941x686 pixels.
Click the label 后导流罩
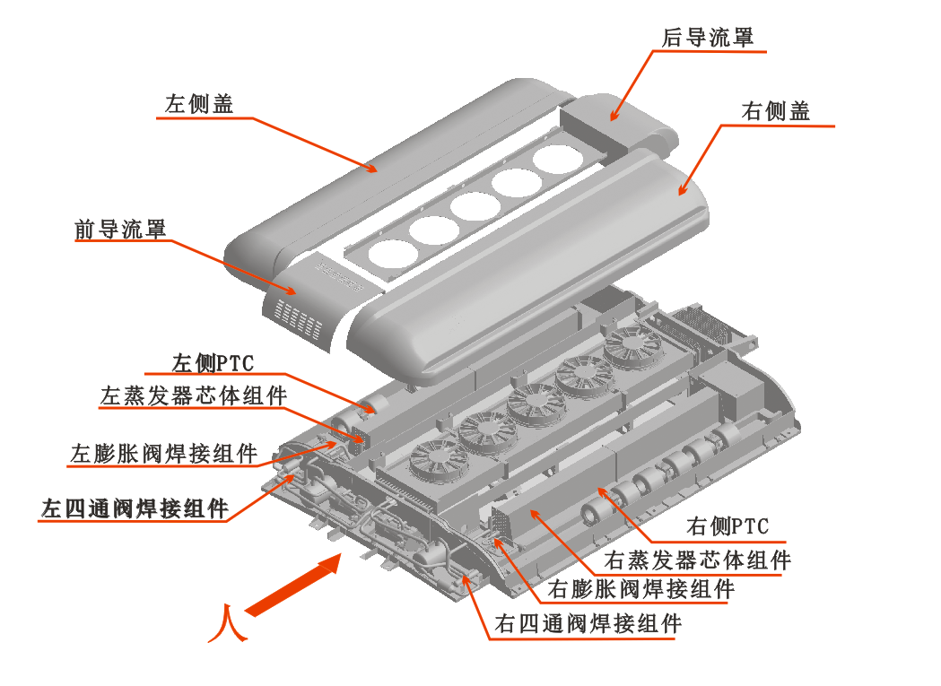(x=707, y=38)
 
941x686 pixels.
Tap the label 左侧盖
(x=199, y=105)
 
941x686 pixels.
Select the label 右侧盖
(x=777, y=111)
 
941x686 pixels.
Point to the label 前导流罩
(x=120, y=230)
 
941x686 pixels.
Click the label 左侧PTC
(x=213, y=363)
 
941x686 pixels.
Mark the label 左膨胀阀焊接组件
(x=163, y=453)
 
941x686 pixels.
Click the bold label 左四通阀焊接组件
(x=135, y=508)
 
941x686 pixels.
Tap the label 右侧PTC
(x=728, y=526)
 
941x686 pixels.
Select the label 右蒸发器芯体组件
(x=698, y=560)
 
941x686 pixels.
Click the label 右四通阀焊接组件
(x=588, y=623)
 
